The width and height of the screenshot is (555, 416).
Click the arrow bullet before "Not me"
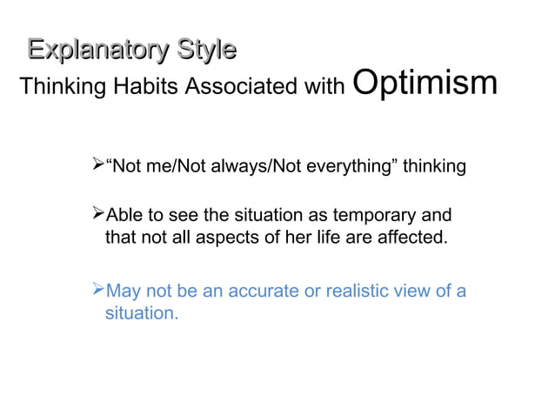97,165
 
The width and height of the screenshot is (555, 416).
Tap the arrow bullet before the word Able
97,214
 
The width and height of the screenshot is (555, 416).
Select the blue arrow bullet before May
97,291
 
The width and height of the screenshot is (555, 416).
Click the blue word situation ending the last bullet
141,312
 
